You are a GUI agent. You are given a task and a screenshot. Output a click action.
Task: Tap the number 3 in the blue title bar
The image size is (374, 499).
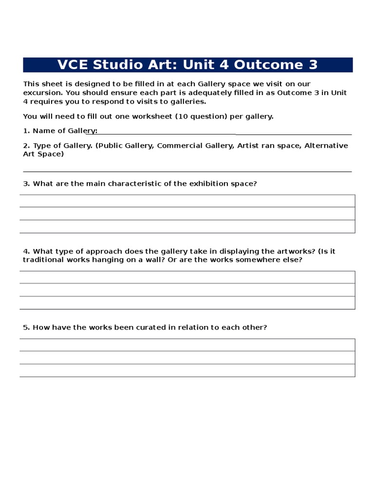tap(313, 65)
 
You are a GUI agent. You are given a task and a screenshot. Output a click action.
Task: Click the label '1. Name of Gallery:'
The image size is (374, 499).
tap(60, 131)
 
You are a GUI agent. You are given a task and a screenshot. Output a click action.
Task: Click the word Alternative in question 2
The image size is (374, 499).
tap(326, 146)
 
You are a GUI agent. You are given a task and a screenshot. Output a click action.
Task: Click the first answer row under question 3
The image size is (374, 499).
tap(187, 201)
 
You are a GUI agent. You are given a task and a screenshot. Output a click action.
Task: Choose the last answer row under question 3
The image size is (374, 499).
tap(187, 226)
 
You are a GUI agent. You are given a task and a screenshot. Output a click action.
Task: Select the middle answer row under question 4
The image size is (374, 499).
tap(187, 290)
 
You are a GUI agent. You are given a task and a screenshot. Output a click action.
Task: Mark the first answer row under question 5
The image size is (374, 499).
tap(187, 345)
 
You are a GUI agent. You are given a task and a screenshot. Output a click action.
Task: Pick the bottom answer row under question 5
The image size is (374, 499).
tap(187, 370)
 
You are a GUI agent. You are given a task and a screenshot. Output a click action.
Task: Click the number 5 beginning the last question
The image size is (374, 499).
tap(25, 327)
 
